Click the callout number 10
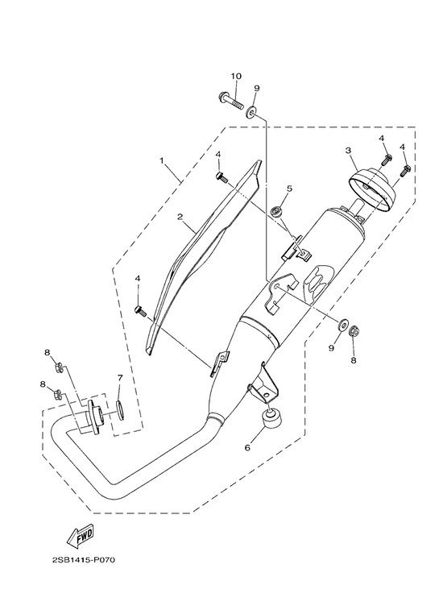pos(236,76)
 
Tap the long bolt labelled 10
pos(230,101)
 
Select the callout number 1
pos(161,160)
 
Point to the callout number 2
pos(180,217)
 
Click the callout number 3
pos(348,150)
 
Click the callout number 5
pos(289,189)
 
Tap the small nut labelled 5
pos(277,212)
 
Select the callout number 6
pos(247,447)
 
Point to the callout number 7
pos(120,378)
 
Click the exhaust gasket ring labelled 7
pos(120,410)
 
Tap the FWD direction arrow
pos(81,536)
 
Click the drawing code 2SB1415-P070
pos(84,560)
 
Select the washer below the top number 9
pos(251,112)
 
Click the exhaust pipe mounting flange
pos(95,417)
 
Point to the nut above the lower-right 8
pos(353,331)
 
